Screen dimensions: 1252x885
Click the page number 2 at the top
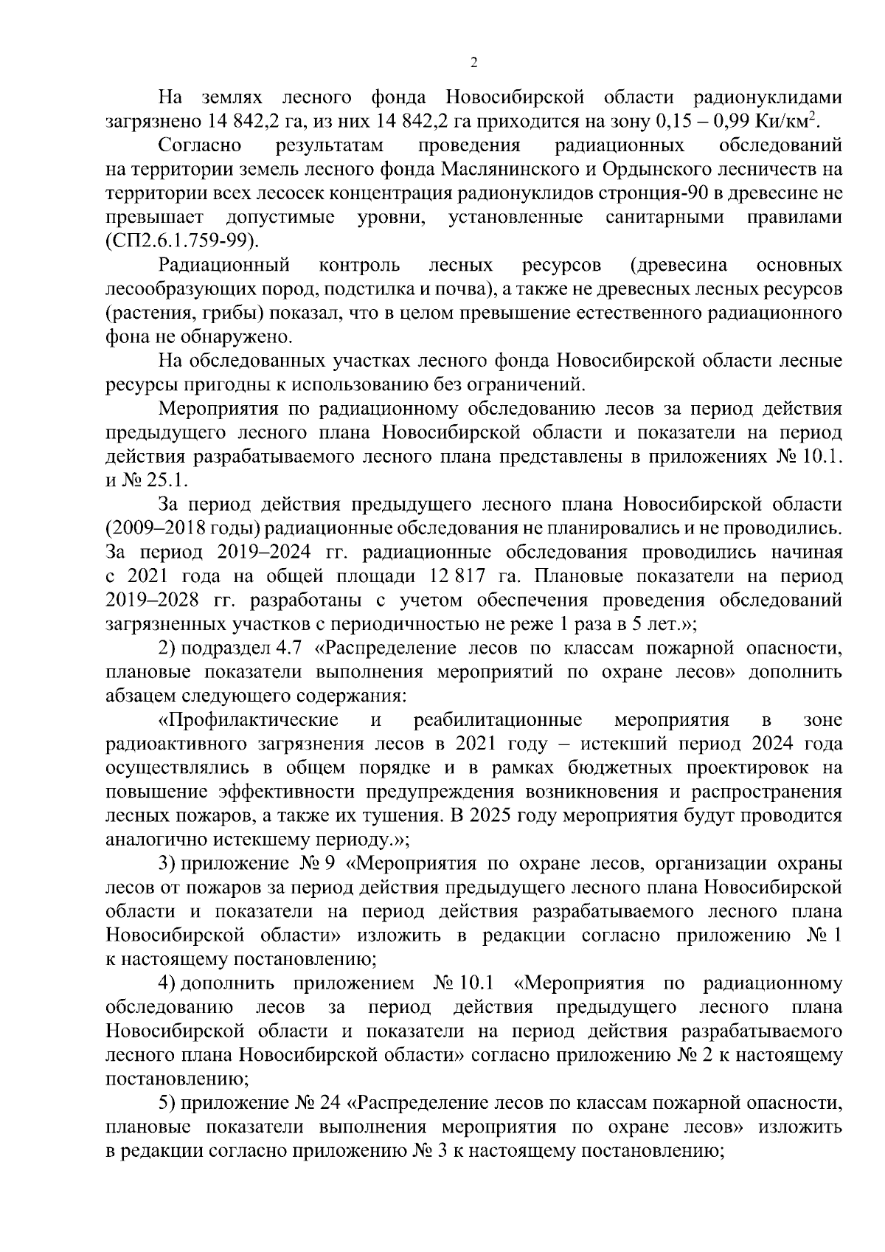click(473, 63)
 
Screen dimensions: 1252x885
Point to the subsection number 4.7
click(290, 648)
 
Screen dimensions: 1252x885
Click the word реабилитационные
click(498, 719)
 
